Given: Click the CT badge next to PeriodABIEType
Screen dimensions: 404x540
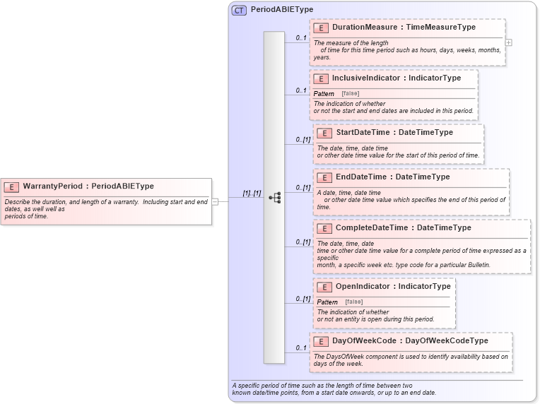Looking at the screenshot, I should pyautogui.click(x=239, y=10).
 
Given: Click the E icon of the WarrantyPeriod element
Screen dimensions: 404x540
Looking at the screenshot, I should pyautogui.click(x=11, y=187).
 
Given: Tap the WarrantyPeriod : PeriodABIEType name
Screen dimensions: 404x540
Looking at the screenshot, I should pyautogui.click(x=88, y=186).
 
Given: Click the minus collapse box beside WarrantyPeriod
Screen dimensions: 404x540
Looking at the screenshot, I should pyautogui.click(x=215, y=201).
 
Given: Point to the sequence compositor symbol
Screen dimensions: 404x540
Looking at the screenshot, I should pyautogui.click(x=275, y=198).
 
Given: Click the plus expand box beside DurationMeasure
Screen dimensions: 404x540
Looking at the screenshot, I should pyautogui.click(x=508, y=42).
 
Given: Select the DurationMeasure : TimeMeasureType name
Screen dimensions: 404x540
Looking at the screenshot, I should pyautogui.click(x=404, y=27).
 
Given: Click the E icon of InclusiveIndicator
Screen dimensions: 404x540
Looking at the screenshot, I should pyautogui.click(x=320, y=78).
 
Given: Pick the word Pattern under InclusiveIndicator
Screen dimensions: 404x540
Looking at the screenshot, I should pyautogui.click(x=324, y=94).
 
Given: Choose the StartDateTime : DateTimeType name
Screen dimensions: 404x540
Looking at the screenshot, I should pyautogui.click(x=394, y=132).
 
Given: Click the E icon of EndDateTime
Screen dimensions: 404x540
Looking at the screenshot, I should pyautogui.click(x=324, y=177).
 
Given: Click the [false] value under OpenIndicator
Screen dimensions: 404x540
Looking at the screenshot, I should pyautogui.click(x=353, y=302).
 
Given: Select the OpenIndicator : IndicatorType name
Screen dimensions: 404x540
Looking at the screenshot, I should pyautogui.click(x=392, y=287).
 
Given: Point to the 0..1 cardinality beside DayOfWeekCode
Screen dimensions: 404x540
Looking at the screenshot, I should pyautogui.click(x=300, y=347).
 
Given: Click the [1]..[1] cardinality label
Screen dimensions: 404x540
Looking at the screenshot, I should pyautogui.click(x=252, y=194).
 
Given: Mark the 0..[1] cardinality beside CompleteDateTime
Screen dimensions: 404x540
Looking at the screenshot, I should pyautogui.click(x=303, y=242).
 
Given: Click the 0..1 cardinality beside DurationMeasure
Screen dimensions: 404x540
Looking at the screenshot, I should pyautogui.click(x=300, y=37).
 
